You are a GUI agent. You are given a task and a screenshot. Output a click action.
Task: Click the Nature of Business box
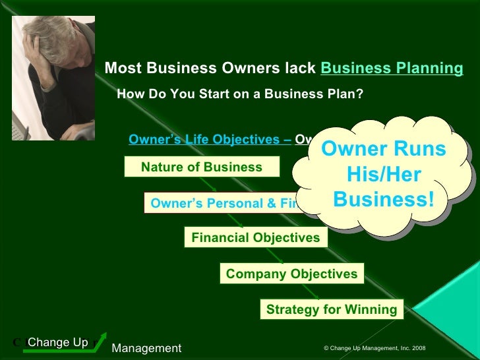202,167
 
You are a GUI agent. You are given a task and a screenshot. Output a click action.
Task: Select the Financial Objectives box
256,237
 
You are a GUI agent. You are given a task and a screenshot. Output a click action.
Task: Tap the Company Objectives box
291,273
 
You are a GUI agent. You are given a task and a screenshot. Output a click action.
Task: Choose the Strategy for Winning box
332,309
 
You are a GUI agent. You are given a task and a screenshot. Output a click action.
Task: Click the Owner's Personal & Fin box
224,203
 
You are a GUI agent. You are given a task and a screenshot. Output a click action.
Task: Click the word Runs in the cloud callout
420,150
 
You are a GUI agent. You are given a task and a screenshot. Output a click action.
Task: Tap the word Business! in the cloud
384,198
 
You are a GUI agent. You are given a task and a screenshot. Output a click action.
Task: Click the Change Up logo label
58,342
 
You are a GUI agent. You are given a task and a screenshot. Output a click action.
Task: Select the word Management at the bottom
146,348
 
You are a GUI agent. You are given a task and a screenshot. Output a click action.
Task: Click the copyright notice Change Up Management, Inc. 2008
375,347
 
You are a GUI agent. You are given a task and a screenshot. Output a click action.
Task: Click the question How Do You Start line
240,94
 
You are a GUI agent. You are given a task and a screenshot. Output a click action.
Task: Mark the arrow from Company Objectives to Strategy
316,291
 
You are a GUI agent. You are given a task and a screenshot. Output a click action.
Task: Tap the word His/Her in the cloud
384,175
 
